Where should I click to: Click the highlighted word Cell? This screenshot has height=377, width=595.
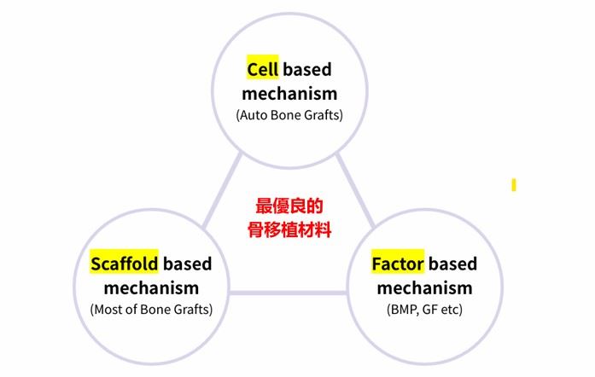click(263, 70)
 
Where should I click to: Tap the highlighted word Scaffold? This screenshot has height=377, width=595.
click(124, 264)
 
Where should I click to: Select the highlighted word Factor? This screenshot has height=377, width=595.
click(398, 264)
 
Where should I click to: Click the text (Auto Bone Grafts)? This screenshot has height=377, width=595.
click(289, 115)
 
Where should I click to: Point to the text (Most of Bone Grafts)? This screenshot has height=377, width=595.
click(151, 310)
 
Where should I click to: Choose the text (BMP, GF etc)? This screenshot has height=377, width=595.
click(424, 310)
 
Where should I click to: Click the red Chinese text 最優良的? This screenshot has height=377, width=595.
click(289, 206)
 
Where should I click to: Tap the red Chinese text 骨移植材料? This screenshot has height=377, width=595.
click(289, 229)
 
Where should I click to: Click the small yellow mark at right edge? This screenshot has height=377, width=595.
click(514, 185)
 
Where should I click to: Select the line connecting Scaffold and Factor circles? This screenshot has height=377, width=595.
click(288, 293)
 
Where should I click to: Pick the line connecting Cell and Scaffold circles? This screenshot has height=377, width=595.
click(222, 191)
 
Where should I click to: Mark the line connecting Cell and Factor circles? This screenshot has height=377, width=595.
click(356, 191)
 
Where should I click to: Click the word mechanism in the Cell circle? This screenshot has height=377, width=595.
click(289, 94)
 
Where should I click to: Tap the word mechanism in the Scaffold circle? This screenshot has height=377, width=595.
click(151, 288)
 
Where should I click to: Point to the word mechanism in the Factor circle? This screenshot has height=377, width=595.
click(424, 288)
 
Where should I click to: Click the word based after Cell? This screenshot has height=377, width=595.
click(307, 70)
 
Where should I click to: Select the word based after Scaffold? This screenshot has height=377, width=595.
click(187, 264)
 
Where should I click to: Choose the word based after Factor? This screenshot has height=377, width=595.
click(452, 264)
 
